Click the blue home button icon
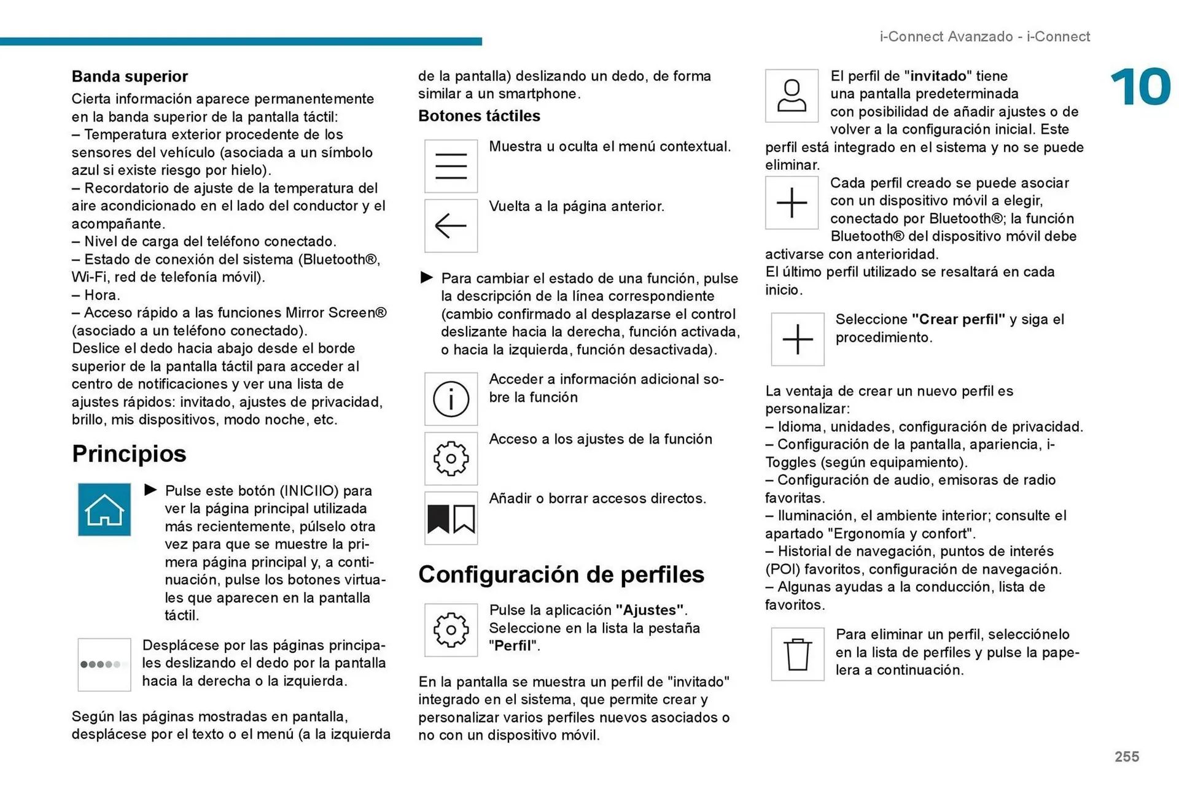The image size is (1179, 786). [x=104, y=509]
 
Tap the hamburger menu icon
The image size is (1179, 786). [x=451, y=166]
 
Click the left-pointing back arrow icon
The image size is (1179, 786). [x=451, y=226]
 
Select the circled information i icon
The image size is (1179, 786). [x=451, y=399]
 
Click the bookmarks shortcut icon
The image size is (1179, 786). [x=451, y=518]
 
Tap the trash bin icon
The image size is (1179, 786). [x=798, y=654]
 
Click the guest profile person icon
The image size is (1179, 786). [x=792, y=96]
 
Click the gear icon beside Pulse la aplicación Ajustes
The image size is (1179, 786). [x=451, y=630]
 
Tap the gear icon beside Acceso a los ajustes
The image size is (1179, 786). [x=451, y=458]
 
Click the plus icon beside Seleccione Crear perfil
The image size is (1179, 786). [x=798, y=339]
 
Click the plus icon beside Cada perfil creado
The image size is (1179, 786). [x=792, y=202]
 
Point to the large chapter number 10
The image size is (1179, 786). [x=1140, y=87]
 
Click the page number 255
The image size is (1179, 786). [x=1127, y=757]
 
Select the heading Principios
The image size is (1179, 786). [x=129, y=454]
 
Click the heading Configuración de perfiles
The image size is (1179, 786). [x=561, y=574]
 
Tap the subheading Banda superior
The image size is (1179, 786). [x=130, y=77]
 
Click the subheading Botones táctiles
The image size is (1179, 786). [x=479, y=116]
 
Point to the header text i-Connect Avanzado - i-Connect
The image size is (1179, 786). [x=984, y=37]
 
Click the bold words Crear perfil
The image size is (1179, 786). [x=958, y=320]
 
